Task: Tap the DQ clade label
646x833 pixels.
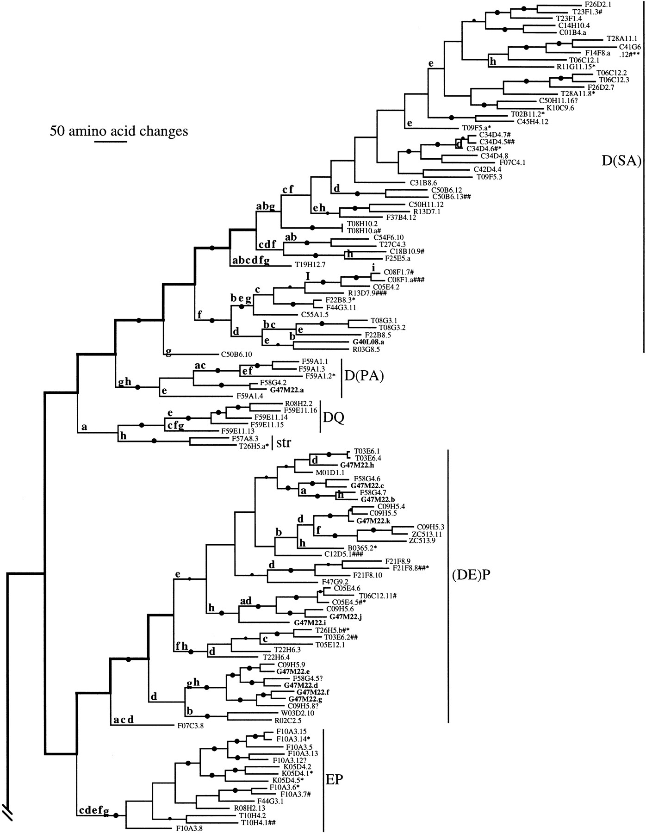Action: coord(334,417)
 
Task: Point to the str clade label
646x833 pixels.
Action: coord(284,442)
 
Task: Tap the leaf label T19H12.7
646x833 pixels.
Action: coord(311,265)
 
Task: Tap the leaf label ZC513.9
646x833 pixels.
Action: coord(422,540)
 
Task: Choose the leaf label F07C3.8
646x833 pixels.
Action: coord(191,726)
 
